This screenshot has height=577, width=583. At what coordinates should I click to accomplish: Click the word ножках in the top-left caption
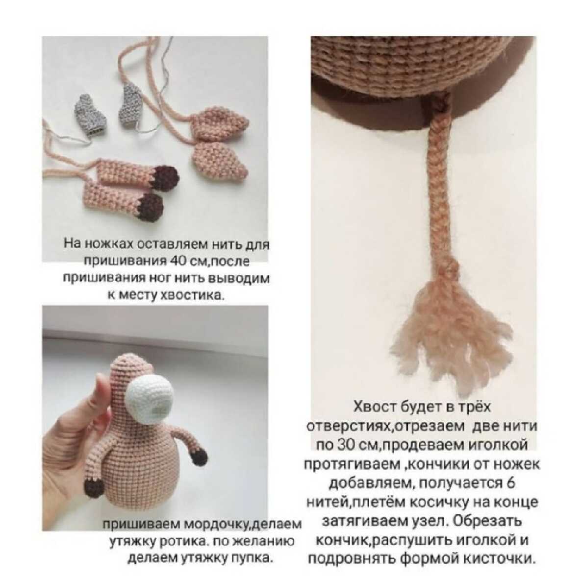[x=108, y=244]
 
